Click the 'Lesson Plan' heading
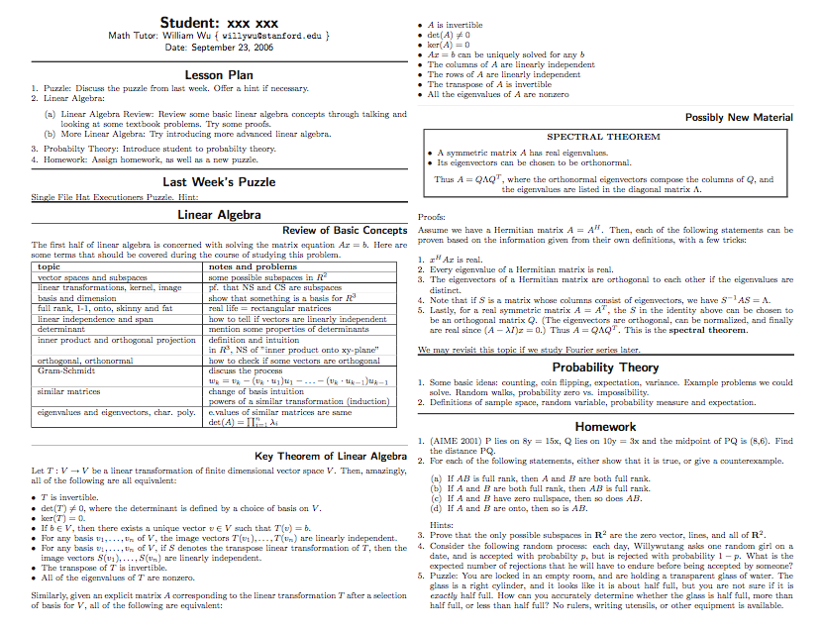point(219,74)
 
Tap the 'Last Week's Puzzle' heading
point(219,181)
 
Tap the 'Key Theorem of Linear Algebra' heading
point(331,456)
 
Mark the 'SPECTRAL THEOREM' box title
point(603,137)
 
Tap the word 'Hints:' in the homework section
point(443,524)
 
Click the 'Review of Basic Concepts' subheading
point(345,231)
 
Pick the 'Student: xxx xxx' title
point(219,22)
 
